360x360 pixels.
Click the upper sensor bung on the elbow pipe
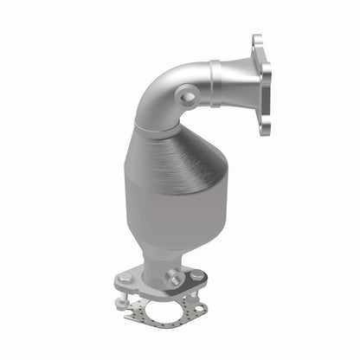tap(187, 97)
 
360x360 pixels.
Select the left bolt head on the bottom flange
tap(127, 279)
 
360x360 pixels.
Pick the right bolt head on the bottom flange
tap(198, 275)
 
